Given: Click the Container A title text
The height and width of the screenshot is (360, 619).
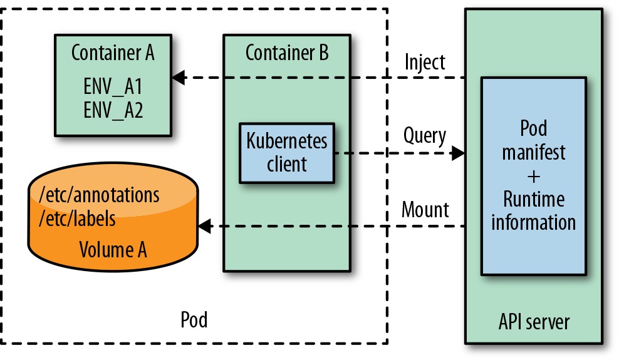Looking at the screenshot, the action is click(x=113, y=53).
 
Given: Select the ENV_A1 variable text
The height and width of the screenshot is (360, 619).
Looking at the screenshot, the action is click(x=113, y=86).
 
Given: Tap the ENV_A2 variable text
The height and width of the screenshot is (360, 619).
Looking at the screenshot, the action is click(x=113, y=110).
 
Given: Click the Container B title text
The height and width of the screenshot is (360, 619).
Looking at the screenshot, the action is click(x=287, y=53).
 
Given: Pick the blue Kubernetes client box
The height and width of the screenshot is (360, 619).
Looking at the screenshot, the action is click(x=287, y=153).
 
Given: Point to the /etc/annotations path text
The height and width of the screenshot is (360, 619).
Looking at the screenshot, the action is click(x=99, y=195).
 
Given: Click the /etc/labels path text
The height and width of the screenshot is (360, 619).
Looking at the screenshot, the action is click(x=77, y=219).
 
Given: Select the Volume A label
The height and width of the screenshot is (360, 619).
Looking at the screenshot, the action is click(x=113, y=250).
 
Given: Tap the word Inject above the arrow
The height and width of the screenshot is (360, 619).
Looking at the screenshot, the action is click(x=425, y=63).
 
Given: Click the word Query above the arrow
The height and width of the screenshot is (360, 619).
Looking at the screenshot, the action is click(x=425, y=136).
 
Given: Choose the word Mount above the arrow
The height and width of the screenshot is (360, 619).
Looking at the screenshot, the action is click(x=425, y=210).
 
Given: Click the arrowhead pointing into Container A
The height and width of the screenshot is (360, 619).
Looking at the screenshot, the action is click(x=179, y=78).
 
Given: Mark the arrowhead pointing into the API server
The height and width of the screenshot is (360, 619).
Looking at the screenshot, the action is click(x=458, y=153).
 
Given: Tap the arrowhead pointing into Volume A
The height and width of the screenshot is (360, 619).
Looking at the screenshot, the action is click(x=204, y=227).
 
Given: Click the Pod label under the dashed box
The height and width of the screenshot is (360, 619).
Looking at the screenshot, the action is click(x=194, y=319).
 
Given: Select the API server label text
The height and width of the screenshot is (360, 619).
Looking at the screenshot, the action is click(x=534, y=322).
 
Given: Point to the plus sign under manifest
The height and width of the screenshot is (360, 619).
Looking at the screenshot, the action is click(x=534, y=177).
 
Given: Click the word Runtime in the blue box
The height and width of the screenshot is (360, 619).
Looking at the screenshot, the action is click(x=534, y=199).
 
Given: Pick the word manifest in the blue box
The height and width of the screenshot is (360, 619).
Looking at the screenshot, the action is click(x=534, y=152).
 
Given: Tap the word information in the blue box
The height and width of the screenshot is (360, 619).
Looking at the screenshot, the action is click(x=534, y=222).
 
